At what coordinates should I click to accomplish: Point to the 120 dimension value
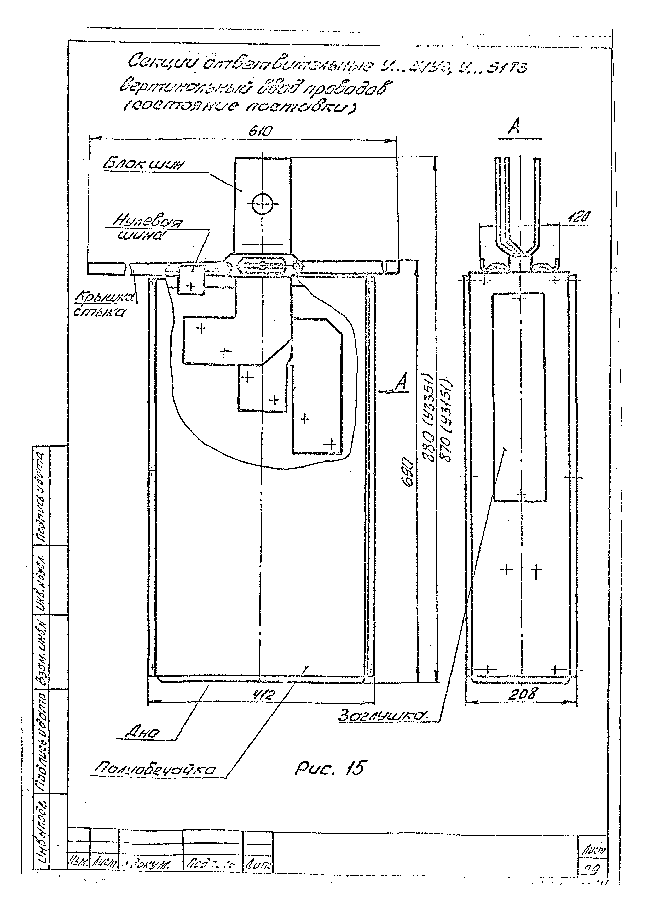[578, 218]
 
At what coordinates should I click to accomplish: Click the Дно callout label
[142, 732]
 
